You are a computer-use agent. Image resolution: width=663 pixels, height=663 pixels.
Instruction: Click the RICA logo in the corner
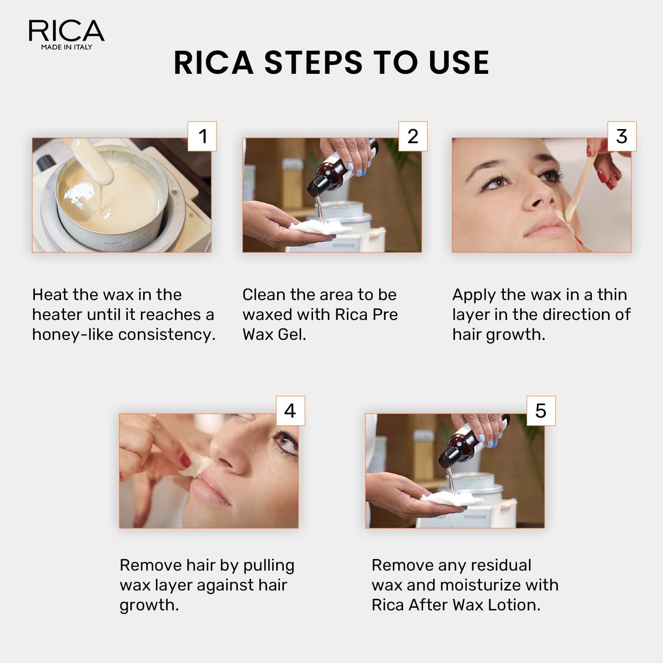coord(66,31)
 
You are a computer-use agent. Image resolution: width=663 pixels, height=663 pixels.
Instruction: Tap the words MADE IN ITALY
coord(66,47)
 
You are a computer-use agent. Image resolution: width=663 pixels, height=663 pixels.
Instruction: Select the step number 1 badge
coord(202,136)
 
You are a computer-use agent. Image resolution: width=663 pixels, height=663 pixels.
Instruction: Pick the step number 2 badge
coord(413,136)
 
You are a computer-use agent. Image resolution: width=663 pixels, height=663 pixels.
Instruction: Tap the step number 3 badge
coord(621,136)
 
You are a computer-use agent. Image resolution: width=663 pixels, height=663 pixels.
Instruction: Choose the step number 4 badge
coord(290,411)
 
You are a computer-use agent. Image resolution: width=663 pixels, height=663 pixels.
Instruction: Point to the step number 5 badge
coord(541,411)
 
